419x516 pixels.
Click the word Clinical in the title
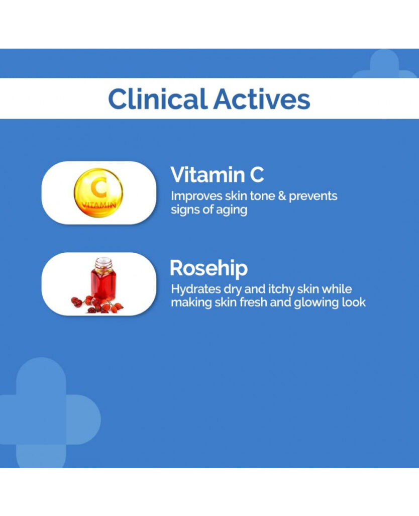(158, 98)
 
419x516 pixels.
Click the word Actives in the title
(262, 98)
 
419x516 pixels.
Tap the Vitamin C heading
(217, 174)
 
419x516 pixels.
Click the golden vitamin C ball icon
(98, 192)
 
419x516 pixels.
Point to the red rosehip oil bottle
(103, 280)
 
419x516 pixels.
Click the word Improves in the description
(196, 196)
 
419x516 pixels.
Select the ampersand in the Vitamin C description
(282, 196)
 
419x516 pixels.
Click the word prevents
(313, 196)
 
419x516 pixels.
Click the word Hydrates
(196, 289)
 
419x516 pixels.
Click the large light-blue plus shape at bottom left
(50, 412)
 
